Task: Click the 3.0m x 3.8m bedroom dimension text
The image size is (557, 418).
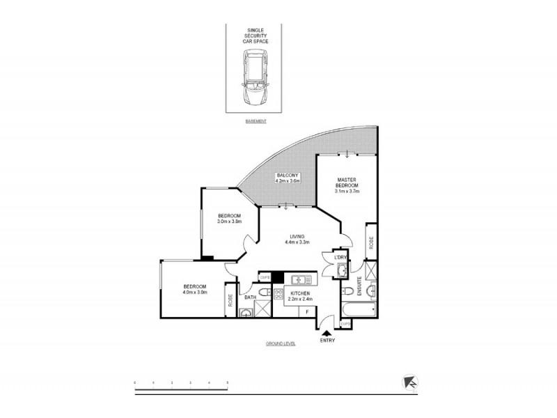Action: point(230,222)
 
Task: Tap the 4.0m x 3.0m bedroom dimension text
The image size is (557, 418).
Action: point(194,293)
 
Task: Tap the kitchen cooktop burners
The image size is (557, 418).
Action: point(277,294)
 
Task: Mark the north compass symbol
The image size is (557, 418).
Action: point(410,382)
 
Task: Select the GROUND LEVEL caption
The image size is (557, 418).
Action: point(281,344)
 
